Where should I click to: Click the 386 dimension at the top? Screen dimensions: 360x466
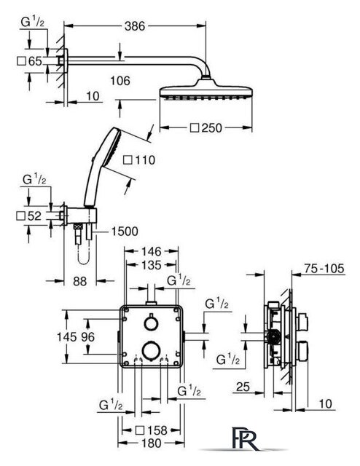135,26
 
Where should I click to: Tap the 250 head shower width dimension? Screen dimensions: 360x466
211,128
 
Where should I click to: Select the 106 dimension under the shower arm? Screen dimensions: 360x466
120,81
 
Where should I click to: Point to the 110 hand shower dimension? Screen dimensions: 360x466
145,160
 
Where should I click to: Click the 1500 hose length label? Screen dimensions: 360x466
125,232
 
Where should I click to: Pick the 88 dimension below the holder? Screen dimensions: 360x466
79,281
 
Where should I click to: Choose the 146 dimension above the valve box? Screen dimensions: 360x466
151,252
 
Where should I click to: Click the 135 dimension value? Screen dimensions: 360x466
152,265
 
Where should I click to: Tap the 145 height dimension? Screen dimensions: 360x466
67,336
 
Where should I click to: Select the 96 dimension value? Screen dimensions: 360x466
88,336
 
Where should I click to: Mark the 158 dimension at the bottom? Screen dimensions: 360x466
157,430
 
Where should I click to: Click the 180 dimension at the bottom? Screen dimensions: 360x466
151,443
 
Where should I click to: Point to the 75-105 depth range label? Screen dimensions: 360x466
324,269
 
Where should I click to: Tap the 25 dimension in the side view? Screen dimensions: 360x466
243,387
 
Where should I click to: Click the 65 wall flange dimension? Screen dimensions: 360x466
35,61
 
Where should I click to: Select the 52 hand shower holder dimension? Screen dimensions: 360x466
34,216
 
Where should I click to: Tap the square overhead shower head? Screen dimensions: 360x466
206,92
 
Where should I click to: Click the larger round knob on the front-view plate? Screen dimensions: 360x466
151,350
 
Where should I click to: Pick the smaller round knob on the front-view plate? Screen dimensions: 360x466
151,323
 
